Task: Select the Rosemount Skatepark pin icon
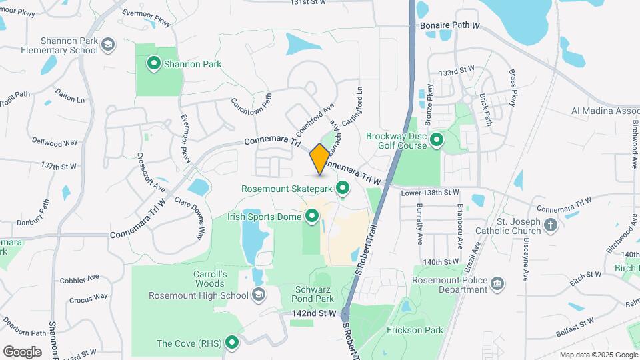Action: point(343,188)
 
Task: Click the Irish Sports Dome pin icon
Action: point(311,215)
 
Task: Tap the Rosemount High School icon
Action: point(258,295)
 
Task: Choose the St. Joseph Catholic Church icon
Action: point(550,224)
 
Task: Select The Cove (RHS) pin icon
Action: point(232,343)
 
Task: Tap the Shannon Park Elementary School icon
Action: point(108,45)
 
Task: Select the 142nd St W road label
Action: point(314,313)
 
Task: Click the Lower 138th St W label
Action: point(430,193)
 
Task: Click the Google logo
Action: point(22,351)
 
